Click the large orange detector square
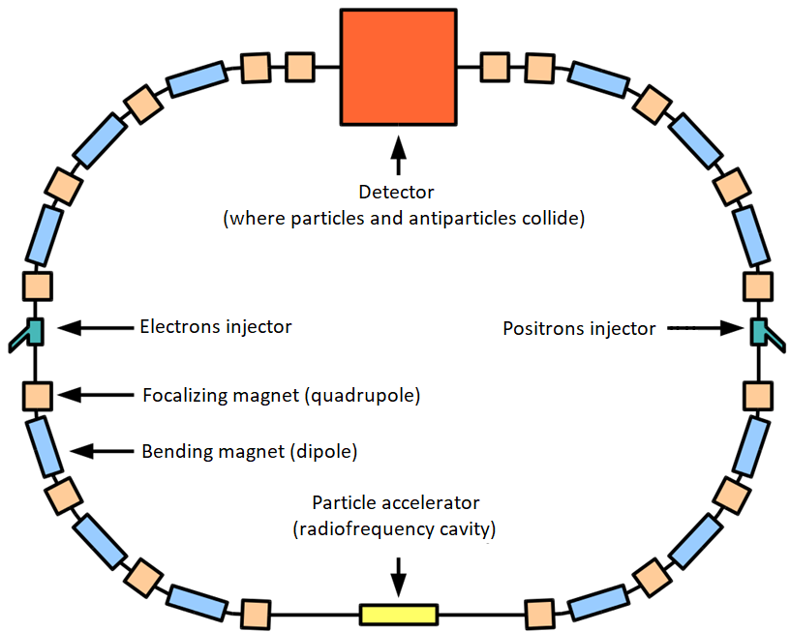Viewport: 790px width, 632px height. [397, 67]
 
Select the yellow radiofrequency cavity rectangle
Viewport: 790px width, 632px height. [398, 614]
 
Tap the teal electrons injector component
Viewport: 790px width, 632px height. [34, 332]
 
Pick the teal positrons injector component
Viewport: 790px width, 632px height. [760, 331]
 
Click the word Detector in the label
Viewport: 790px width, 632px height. [397, 193]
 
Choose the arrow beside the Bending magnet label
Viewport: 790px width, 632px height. [101, 450]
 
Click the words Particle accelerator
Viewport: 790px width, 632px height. [396, 503]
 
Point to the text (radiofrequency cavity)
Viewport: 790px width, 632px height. [396, 528]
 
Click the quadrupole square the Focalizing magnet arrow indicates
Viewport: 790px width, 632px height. [37, 395]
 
